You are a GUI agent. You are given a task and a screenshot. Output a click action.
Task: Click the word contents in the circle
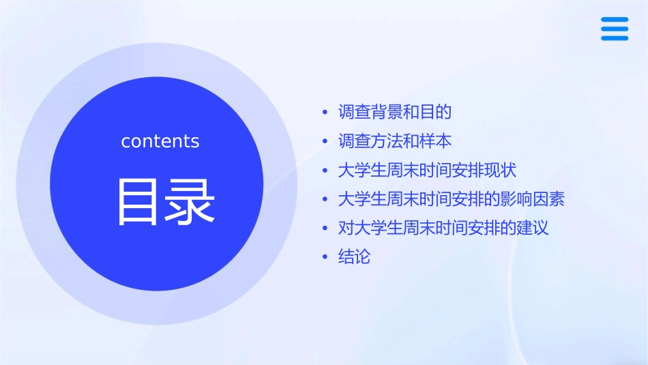point(160,141)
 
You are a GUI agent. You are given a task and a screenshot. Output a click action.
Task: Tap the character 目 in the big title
point(139,202)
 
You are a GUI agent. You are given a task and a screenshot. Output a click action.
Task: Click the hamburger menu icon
point(614,29)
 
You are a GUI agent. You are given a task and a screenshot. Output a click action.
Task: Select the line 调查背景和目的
point(395,112)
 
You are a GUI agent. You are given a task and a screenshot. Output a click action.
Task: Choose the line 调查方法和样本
point(395,141)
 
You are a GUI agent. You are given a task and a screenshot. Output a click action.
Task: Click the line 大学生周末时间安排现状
point(432,171)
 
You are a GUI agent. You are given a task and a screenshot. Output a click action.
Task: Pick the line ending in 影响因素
point(451,200)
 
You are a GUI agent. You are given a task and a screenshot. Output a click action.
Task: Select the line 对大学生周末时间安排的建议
point(443,228)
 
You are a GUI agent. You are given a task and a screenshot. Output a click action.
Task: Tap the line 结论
point(354,257)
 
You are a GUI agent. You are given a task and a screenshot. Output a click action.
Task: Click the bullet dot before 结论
point(325,258)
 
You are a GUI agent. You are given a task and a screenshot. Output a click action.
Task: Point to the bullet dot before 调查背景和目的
point(325,112)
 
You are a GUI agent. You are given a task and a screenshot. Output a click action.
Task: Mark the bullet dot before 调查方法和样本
point(325,141)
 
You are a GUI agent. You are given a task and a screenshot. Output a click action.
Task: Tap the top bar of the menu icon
point(614,20)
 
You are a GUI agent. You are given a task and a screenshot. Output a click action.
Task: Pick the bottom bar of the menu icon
point(614,38)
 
